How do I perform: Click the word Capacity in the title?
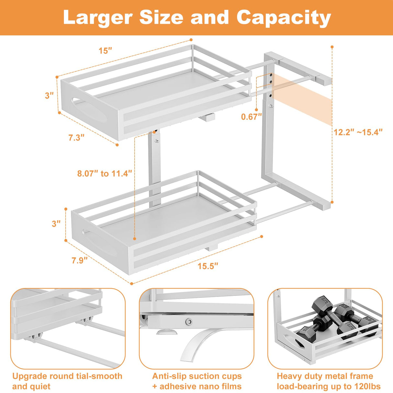[x=284, y=18]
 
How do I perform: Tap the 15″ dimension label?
[x=105, y=51]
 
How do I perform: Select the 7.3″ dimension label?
[x=76, y=137]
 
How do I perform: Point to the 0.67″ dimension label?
[x=251, y=117]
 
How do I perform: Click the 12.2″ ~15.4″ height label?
[x=358, y=132]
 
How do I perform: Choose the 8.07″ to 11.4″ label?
[x=105, y=174]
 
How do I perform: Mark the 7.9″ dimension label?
[x=80, y=260]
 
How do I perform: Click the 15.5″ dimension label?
[x=208, y=266]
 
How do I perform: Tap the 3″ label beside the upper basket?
[x=49, y=95]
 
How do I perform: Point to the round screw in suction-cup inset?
[x=188, y=321]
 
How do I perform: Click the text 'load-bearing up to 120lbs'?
[x=328, y=386]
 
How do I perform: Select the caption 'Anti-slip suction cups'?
[x=197, y=376]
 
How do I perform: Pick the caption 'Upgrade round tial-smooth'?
[x=67, y=376]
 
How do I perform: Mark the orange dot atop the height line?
[x=332, y=47]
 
